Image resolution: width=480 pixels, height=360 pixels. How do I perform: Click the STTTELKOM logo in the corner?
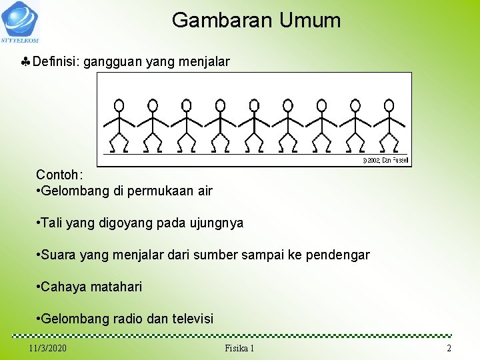click(x=20, y=21)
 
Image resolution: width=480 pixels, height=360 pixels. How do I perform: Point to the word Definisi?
click(x=55, y=62)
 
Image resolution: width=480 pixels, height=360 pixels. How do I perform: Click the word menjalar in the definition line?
click(x=206, y=62)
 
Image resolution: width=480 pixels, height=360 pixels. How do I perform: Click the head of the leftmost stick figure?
click(x=119, y=105)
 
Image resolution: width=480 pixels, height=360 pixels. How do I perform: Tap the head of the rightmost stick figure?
click(x=389, y=105)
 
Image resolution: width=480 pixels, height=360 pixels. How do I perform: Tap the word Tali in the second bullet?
click(x=52, y=223)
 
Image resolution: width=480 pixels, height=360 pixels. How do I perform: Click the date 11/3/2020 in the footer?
click(x=48, y=349)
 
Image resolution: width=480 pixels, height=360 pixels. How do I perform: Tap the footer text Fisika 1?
click(x=240, y=349)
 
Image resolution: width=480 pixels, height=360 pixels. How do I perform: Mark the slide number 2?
click(x=449, y=349)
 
